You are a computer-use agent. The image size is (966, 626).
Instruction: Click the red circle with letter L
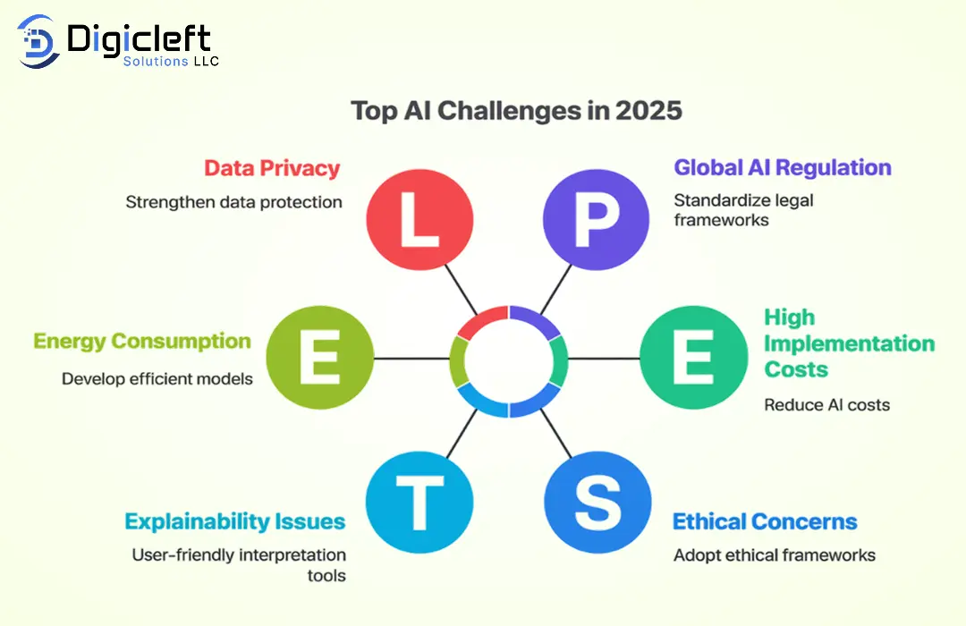click(x=419, y=219)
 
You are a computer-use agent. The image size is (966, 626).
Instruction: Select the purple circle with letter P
click(x=596, y=219)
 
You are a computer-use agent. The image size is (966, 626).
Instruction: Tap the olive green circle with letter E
click(x=319, y=358)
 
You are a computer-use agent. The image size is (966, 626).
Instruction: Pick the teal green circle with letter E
click(x=694, y=358)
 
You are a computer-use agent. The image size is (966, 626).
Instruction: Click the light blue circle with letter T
click(x=419, y=503)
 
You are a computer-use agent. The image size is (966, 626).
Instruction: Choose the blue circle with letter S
click(x=597, y=503)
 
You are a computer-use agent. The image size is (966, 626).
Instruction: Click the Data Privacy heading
click(x=272, y=168)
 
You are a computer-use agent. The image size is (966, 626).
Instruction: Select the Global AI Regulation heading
click(x=783, y=167)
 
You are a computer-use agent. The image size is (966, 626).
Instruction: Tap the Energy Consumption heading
click(x=142, y=342)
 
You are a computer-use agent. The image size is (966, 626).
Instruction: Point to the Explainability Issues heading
click(x=234, y=521)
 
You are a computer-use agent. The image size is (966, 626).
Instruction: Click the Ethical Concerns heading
click(x=765, y=521)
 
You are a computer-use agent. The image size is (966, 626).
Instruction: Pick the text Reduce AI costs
click(x=826, y=405)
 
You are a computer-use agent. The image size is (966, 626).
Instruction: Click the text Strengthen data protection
click(x=233, y=202)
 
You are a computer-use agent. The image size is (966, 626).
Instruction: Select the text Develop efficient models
click(x=157, y=378)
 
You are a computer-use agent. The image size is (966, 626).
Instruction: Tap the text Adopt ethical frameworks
click(x=775, y=555)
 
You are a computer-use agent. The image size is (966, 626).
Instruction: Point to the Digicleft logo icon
click(x=38, y=41)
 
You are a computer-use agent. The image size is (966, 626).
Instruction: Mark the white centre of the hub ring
click(x=508, y=361)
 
